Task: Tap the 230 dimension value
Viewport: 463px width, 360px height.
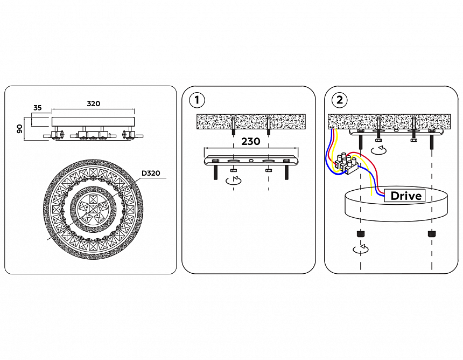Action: (250, 142)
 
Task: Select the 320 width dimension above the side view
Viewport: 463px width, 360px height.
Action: (93, 103)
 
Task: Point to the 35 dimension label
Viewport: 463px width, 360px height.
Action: (37, 108)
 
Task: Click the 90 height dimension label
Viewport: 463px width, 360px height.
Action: (19, 129)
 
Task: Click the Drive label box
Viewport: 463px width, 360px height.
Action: (405, 196)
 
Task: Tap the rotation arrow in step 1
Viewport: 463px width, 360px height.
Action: (233, 181)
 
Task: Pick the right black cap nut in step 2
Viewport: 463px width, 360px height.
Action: (431, 234)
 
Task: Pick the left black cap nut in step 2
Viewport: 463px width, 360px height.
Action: (360, 234)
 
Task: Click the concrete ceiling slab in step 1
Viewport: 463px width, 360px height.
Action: (250, 121)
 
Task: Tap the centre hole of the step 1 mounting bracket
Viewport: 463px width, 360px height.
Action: (251, 161)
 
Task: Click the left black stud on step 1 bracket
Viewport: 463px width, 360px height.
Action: (215, 173)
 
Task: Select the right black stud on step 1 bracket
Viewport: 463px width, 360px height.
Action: (286, 173)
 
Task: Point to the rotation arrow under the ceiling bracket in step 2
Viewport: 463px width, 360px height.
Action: (379, 149)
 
